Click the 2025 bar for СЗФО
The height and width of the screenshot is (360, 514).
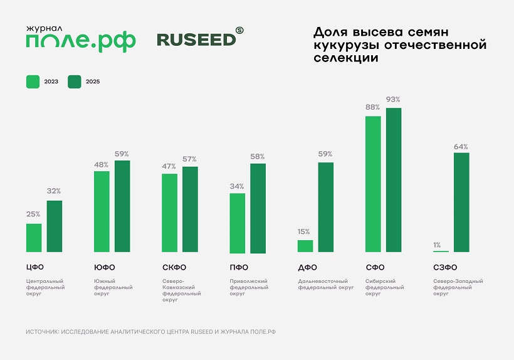tap(461, 203)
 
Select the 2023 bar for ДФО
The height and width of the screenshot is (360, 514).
tap(305, 246)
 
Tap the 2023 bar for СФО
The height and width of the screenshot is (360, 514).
tap(373, 184)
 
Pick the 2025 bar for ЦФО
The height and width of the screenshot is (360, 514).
tap(55, 226)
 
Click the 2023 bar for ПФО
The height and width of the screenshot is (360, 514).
tap(238, 223)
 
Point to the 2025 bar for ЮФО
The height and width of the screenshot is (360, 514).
tap(122, 206)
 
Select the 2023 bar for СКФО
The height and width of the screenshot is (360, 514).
tap(169, 213)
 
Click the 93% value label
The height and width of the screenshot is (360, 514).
tap(394, 100)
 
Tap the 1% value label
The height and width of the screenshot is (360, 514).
tap(437, 245)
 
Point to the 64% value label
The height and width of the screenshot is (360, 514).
tap(461, 147)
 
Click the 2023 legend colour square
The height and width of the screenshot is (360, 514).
tap(33, 82)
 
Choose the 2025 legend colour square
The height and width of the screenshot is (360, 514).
tap(75, 82)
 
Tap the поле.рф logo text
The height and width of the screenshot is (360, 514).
tap(80, 42)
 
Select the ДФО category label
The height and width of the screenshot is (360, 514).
tap(307, 268)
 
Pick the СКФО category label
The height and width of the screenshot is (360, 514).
tap(174, 268)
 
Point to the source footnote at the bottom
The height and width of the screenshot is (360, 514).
tap(151, 331)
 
